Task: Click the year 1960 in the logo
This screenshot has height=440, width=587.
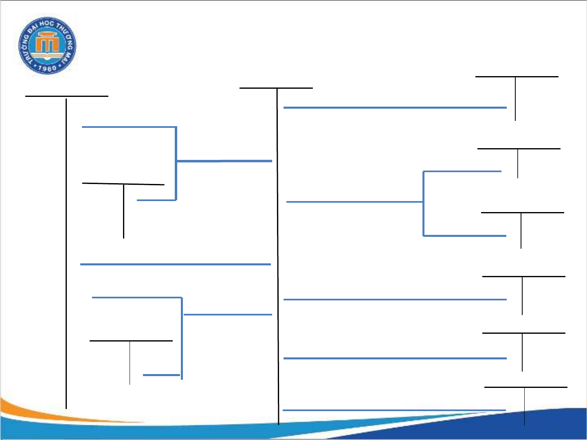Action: point(47,68)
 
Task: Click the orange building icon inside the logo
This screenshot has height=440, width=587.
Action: point(47,44)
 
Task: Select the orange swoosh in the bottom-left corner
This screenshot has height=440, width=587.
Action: point(49,411)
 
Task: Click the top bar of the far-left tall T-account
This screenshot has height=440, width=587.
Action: point(67,96)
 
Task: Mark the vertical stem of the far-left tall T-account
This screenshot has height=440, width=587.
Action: point(66,252)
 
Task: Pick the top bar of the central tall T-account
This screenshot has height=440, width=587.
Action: point(276,88)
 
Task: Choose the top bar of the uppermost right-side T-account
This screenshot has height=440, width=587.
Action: point(517,77)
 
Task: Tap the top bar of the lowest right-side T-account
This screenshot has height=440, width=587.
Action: point(525,387)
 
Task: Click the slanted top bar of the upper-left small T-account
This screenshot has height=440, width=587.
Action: point(123,184)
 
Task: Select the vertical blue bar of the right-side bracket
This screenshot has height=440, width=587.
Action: point(423,204)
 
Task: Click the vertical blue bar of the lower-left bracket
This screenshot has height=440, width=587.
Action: point(182,338)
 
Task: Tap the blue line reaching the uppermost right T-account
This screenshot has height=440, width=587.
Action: point(395,107)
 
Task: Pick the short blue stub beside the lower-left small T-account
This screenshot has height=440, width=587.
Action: point(161,374)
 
